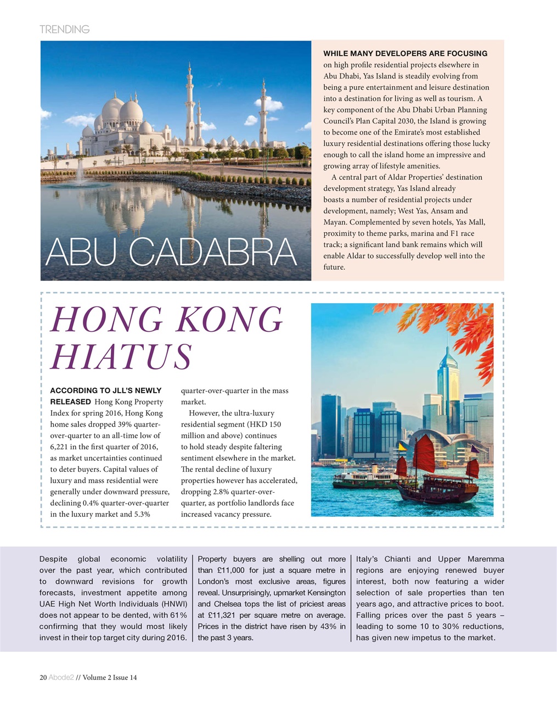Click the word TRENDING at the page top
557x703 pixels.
coord(64,29)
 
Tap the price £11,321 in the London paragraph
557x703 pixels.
coord(224,615)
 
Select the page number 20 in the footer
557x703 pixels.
coord(43,678)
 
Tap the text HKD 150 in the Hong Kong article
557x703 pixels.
coord(264,425)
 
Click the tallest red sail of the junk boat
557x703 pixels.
coord(424,453)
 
